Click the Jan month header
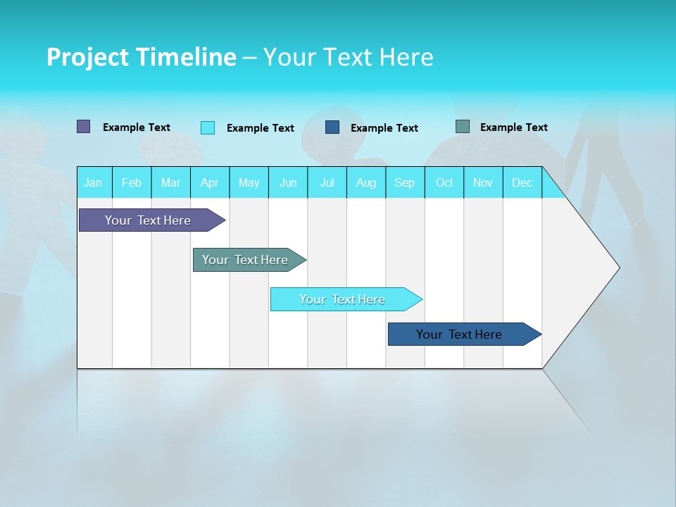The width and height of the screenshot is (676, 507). [x=93, y=182]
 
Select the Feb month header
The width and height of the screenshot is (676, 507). [x=132, y=182]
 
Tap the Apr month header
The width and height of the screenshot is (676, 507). [x=209, y=182]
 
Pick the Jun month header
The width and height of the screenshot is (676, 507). [x=288, y=182]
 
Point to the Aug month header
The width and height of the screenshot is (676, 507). [x=365, y=182]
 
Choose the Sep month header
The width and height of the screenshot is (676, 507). [x=404, y=182]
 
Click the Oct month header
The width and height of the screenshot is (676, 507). [x=444, y=182]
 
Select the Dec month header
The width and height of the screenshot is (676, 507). [x=522, y=182]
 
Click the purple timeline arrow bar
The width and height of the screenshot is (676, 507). [x=148, y=220]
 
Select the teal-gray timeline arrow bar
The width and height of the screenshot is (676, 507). [x=245, y=260]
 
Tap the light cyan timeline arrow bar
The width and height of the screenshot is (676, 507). [x=342, y=299]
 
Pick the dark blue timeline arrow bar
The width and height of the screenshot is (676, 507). [x=459, y=334]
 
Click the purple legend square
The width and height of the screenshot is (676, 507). [x=84, y=127]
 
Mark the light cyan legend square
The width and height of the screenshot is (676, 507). [x=208, y=127]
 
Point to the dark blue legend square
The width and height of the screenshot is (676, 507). [x=332, y=127]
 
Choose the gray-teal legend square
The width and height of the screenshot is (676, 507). [x=463, y=127]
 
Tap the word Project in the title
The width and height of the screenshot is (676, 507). [x=87, y=57]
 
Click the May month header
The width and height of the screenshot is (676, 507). [x=249, y=182]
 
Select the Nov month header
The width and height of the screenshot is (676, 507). [x=483, y=182]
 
